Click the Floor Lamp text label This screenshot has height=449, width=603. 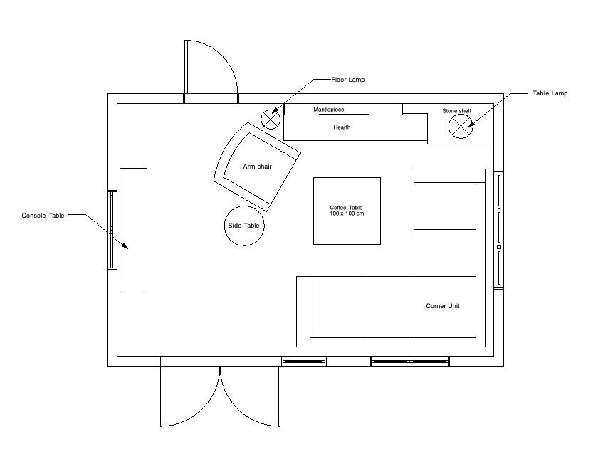point(347,80)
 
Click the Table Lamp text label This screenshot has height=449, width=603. point(550,93)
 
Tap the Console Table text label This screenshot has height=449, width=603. point(43,215)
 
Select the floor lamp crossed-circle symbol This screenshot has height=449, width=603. point(271,118)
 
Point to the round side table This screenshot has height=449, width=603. point(244,226)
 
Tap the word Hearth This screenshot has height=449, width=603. point(342,128)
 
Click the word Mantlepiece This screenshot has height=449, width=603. point(328,110)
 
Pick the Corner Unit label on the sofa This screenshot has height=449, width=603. point(443,306)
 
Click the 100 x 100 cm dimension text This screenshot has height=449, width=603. point(347,214)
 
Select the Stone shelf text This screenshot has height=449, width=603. point(456,111)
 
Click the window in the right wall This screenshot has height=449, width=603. point(499,229)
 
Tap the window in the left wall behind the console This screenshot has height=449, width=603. point(112,229)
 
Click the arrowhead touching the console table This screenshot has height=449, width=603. point(125,246)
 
